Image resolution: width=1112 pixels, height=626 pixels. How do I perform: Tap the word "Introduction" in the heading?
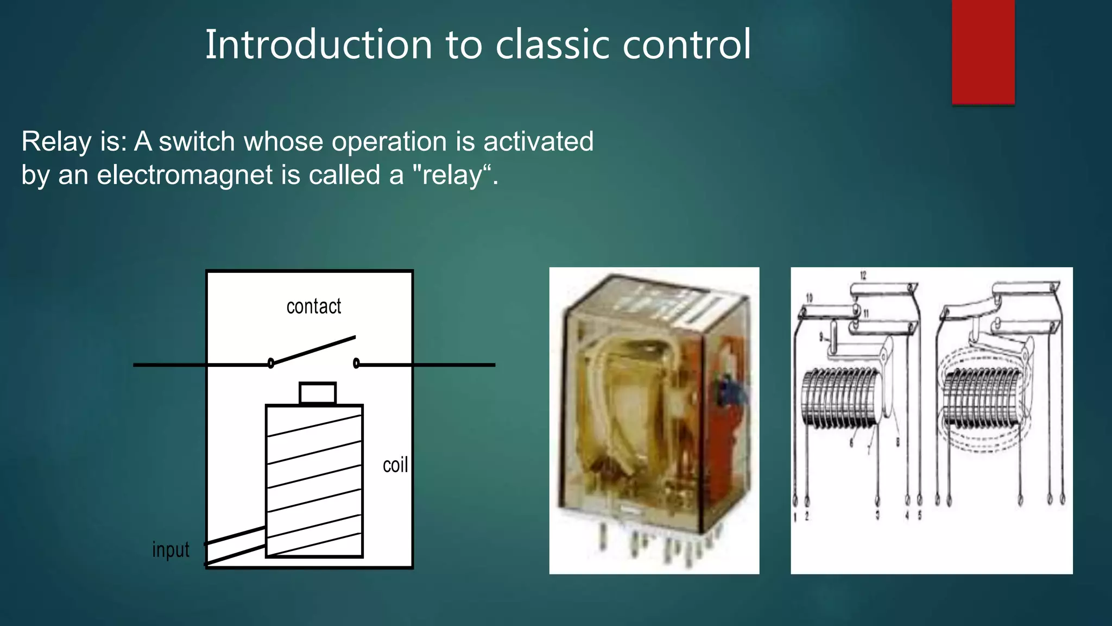tap(318, 45)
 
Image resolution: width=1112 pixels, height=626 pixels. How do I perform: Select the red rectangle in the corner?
tap(983, 52)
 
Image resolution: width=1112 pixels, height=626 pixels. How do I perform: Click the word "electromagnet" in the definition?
tap(185, 175)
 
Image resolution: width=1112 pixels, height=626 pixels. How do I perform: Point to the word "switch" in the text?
tap(197, 141)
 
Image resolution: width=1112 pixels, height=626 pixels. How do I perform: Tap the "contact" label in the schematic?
tap(314, 306)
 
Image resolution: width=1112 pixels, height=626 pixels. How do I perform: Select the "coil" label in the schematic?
tap(395, 465)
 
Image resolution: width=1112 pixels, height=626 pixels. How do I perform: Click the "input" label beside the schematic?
tap(170, 550)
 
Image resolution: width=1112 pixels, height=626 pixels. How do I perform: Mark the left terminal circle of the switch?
tap(271, 363)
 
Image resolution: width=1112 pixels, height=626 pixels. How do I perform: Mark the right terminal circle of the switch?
tap(356, 363)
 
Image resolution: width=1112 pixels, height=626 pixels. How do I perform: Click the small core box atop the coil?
tap(318, 393)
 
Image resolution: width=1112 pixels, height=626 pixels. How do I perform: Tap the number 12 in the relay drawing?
tap(863, 276)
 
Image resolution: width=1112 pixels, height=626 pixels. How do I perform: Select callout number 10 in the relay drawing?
tap(809, 298)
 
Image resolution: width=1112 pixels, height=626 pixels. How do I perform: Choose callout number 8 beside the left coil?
tap(898, 443)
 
